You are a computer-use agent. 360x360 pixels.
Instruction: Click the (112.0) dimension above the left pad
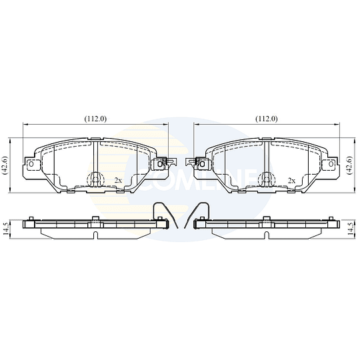click(95, 119)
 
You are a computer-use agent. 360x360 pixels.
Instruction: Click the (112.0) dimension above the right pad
click(267, 119)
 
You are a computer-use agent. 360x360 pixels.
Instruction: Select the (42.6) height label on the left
click(5, 165)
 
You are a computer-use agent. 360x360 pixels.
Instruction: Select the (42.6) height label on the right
click(350, 165)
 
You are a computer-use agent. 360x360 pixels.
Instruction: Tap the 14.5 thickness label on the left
click(6, 229)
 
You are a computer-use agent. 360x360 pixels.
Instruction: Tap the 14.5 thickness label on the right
click(350, 229)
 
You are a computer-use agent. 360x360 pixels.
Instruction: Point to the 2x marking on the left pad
click(118, 181)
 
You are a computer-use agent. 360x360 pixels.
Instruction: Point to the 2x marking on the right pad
click(291, 181)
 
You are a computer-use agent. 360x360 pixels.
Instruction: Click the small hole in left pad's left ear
click(31, 164)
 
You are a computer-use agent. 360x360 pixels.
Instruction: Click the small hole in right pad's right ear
click(331, 164)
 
